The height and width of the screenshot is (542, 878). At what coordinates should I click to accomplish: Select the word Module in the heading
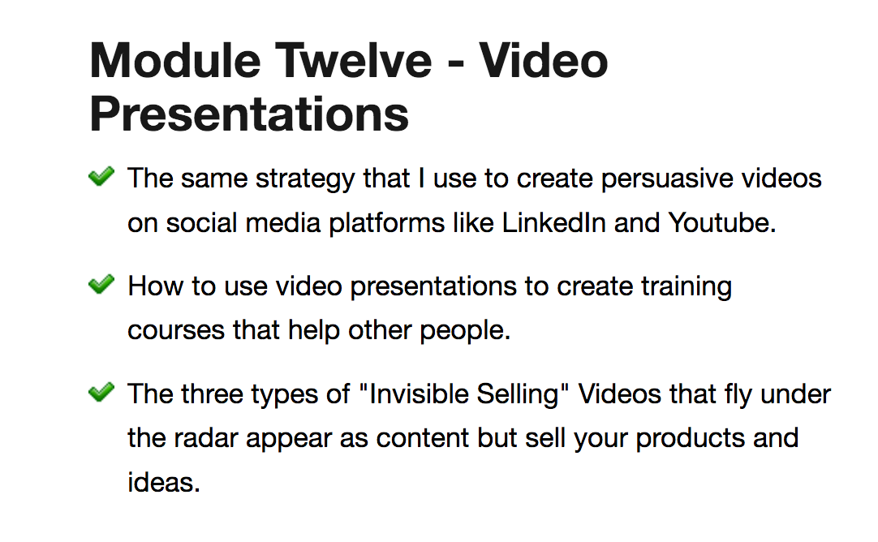click(175, 61)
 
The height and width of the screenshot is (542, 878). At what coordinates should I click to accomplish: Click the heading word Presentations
click(249, 114)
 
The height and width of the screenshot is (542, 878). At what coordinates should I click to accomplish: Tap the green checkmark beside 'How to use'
click(101, 285)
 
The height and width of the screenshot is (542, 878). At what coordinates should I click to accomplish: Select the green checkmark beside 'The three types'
click(101, 392)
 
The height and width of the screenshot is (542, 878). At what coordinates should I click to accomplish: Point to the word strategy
click(305, 180)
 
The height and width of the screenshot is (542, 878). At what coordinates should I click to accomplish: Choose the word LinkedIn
click(553, 223)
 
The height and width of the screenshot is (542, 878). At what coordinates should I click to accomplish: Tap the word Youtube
click(722, 223)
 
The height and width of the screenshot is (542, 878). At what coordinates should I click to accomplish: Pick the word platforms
click(387, 224)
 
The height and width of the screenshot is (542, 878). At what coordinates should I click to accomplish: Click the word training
click(686, 287)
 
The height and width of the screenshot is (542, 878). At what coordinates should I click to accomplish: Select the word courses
click(176, 331)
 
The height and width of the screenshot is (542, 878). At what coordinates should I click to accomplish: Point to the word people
click(465, 331)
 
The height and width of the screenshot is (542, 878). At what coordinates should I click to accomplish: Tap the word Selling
click(518, 395)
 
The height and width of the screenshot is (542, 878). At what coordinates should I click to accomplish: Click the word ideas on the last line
click(163, 483)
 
